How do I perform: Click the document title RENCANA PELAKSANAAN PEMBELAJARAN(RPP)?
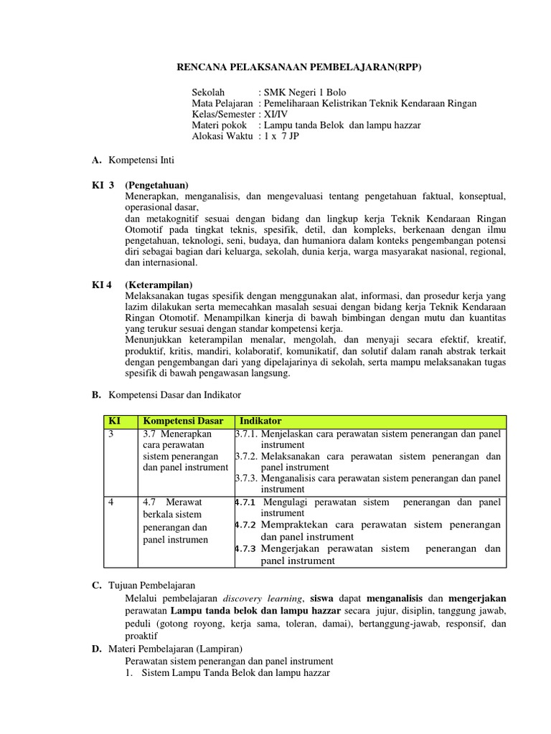(x=299, y=68)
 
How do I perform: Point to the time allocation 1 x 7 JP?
(x=281, y=135)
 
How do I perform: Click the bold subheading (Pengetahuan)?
(x=156, y=185)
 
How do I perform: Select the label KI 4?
(x=102, y=285)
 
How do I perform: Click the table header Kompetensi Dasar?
(x=183, y=421)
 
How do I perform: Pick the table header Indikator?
(x=260, y=421)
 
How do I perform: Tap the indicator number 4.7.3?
(x=248, y=549)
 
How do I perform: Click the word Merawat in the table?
(x=192, y=502)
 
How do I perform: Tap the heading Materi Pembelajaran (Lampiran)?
(x=182, y=649)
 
